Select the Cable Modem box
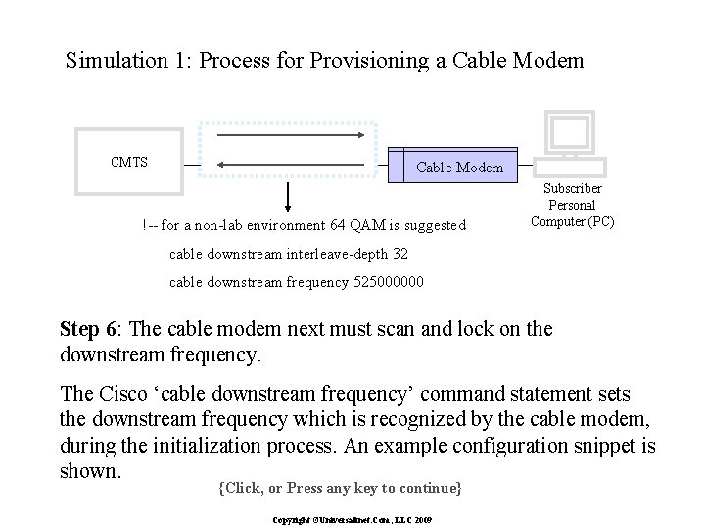[459, 167]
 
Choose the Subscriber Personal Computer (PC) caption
[572, 205]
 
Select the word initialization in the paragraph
[277, 446]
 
